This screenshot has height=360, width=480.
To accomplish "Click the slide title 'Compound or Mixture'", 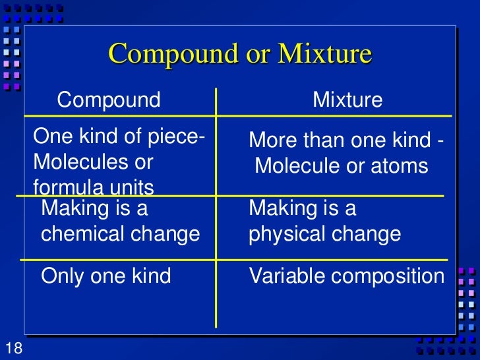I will pyautogui.click(x=240, y=53).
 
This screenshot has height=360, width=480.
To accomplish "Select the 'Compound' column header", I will pyautogui.click(x=109, y=100).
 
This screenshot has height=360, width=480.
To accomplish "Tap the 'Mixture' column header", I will pyautogui.click(x=347, y=100).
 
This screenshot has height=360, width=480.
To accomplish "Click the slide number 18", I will pyautogui.click(x=13, y=348).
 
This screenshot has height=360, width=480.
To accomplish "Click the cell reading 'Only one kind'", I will pyautogui.click(x=105, y=276).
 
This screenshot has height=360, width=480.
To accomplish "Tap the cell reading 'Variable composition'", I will pyautogui.click(x=347, y=276).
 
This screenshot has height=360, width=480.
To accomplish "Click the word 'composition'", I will pyautogui.click(x=388, y=276).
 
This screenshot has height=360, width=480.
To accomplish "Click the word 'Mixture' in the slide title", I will pyautogui.click(x=325, y=53).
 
